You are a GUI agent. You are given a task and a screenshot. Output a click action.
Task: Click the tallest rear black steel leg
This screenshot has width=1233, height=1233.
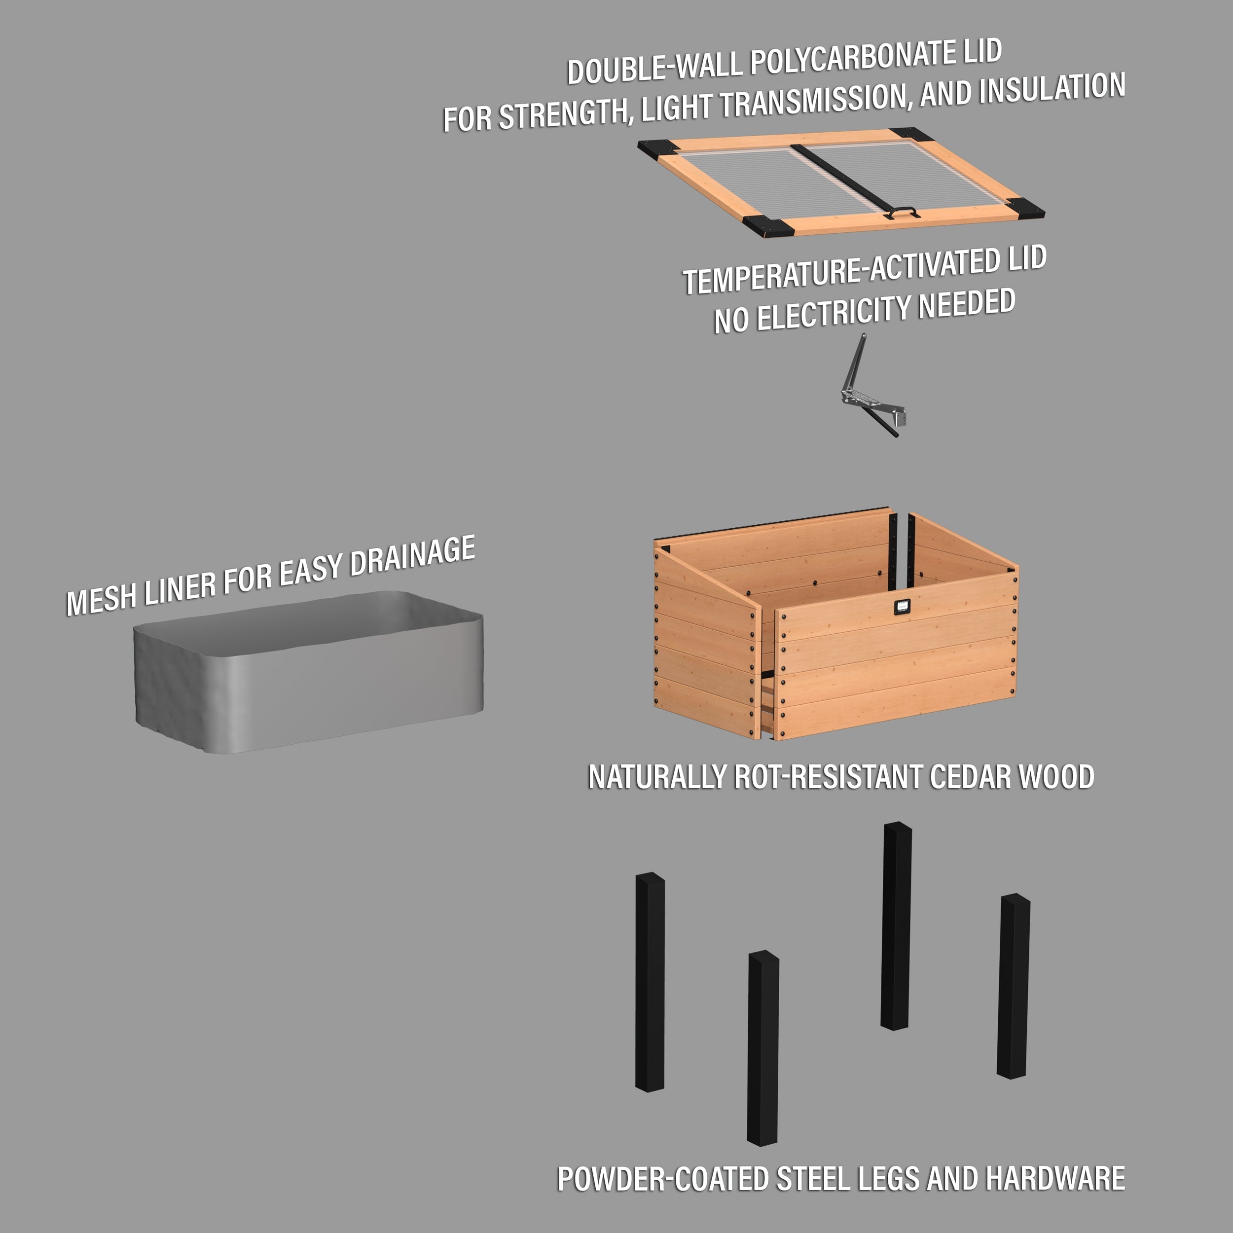pyautogui.click(x=896, y=925)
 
